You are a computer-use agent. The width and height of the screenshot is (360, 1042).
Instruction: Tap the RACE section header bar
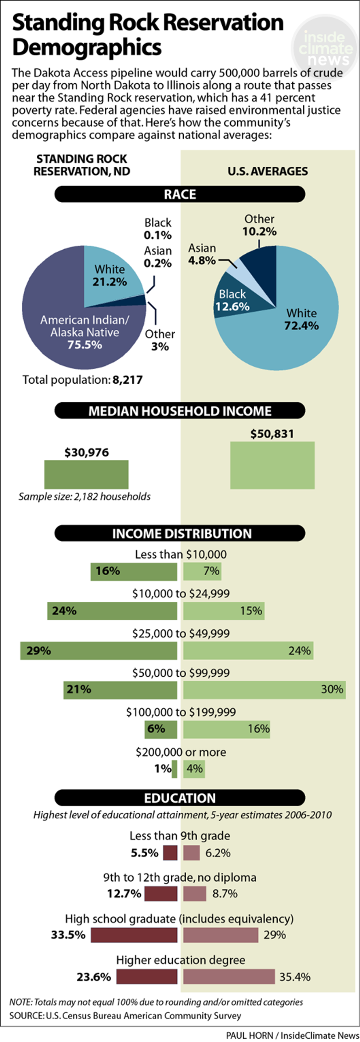[x=180, y=194]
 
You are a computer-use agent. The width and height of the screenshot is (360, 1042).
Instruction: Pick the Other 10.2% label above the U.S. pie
[x=259, y=225]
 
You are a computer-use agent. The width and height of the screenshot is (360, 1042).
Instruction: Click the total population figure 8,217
[x=127, y=380]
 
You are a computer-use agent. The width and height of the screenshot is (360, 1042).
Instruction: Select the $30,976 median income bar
[x=86, y=474]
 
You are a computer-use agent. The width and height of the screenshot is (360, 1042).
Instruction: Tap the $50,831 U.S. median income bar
[x=272, y=465]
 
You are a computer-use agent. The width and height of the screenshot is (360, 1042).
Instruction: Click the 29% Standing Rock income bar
[x=99, y=651]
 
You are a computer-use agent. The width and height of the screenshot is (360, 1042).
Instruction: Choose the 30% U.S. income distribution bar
[x=264, y=690]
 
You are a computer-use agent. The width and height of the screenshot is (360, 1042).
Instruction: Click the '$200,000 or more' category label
[x=181, y=752]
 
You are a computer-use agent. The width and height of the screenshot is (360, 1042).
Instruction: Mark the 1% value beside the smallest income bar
[x=163, y=768]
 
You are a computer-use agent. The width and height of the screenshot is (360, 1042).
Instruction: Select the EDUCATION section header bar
[x=180, y=798]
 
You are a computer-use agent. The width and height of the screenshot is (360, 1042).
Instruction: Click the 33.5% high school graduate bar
[x=134, y=935]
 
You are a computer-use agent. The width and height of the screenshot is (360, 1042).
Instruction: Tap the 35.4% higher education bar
[x=229, y=977]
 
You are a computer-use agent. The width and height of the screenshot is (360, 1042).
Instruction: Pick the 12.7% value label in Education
[x=124, y=893]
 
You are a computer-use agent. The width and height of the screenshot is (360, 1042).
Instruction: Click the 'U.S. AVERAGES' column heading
[x=267, y=171]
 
